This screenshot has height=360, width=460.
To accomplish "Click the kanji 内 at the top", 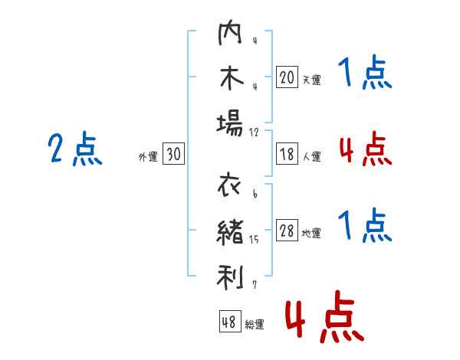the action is coord(230,32).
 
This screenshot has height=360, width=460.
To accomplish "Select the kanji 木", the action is coord(232,77).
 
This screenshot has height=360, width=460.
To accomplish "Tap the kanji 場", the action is coord(230,123).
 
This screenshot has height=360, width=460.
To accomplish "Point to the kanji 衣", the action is coord(229,185).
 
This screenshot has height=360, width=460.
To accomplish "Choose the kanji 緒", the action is coord(230,232).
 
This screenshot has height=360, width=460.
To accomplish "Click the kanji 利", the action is coord(230,277).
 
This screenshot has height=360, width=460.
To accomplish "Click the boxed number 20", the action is coord(287,77).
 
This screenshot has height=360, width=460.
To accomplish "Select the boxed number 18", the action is coord(287,154).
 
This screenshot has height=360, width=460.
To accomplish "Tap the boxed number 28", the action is coord(287,230).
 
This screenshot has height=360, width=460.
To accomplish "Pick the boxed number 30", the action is coord(173,153).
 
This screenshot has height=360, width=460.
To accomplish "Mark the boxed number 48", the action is coord(230,321).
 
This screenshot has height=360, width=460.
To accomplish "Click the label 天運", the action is coord(312,80).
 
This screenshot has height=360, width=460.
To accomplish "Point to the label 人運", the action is coord(312,156).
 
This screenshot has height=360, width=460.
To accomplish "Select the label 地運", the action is coord(311,233).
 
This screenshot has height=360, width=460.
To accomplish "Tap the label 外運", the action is coord(148,156).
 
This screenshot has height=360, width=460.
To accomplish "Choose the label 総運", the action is coord(255,324).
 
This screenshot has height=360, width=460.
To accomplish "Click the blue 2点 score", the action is coord(75,149).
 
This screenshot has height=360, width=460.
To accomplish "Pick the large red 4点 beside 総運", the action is coord(325,316).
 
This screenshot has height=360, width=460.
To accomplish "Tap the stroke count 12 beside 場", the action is coord(254,133).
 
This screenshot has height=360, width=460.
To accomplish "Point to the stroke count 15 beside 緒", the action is coord(254,239).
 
